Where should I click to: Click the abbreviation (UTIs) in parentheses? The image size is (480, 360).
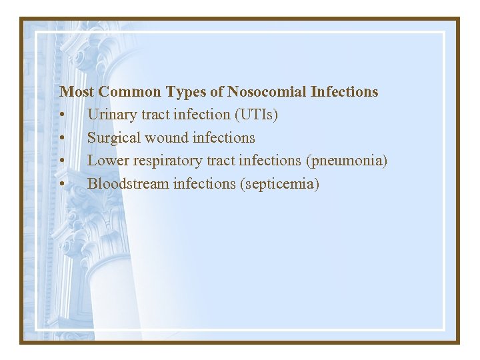(256, 115)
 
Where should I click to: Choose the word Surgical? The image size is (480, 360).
(113, 138)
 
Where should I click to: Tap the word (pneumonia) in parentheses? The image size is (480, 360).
(346, 161)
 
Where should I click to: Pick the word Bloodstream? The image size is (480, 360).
(128, 183)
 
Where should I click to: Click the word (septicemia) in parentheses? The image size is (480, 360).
(279, 184)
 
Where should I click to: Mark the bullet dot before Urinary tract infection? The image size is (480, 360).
(62, 115)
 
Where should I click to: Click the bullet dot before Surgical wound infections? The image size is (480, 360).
(62, 139)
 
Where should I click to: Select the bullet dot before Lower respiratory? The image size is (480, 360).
(62, 161)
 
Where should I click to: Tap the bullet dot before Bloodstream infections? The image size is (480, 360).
(62, 184)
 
